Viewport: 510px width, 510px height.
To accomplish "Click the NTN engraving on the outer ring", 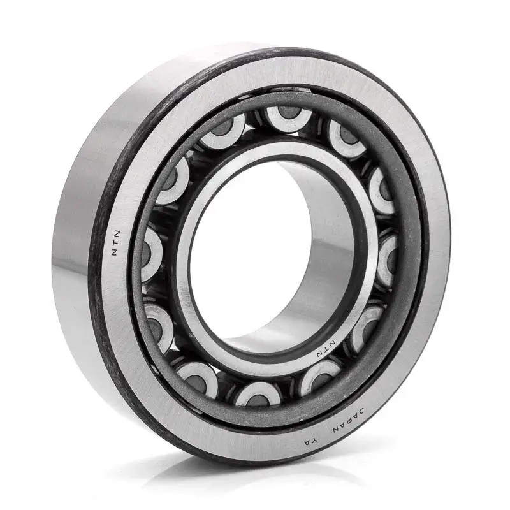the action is coord(116,244).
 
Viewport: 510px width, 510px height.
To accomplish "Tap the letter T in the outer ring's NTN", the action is coord(116,244).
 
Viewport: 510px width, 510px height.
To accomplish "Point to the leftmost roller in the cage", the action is coord(152,253).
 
